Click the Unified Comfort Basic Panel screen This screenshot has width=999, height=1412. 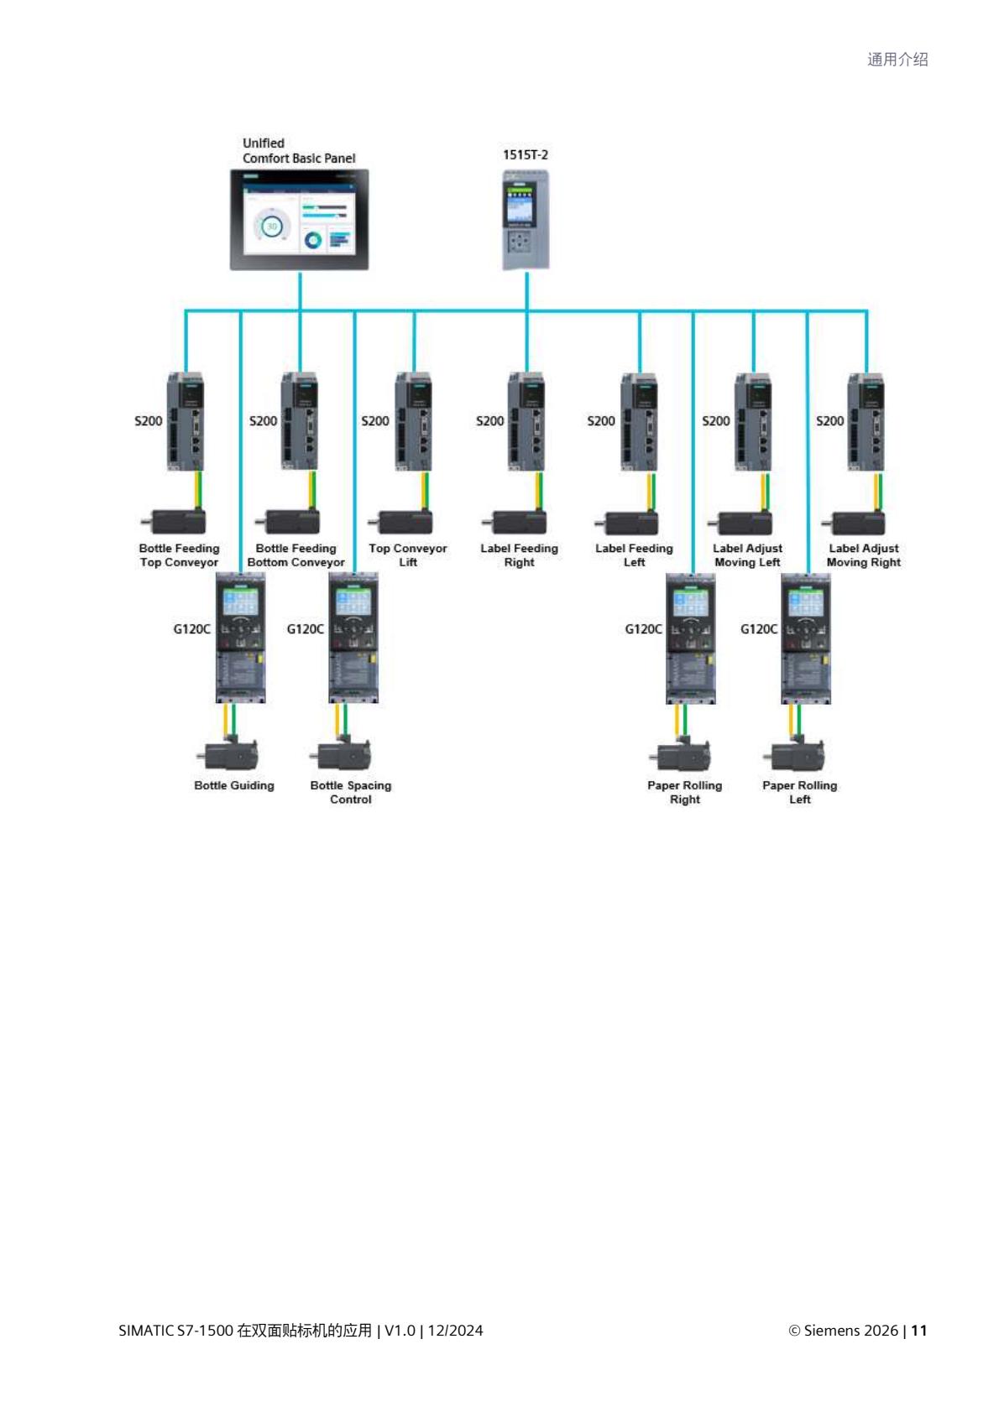coord(300,219)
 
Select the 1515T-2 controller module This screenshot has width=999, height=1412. coord(526,220)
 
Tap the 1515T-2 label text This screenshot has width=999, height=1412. coord(526,155)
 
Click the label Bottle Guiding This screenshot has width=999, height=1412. coord(234,786)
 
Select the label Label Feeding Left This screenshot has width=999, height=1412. coord(634,555)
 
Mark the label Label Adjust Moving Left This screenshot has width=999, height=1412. coord(747,555)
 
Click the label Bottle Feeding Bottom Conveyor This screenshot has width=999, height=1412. coord(296,555)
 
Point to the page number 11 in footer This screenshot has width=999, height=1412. coord(919,1331)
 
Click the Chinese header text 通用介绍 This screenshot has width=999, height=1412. coord(897,60)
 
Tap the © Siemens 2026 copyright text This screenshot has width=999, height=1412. coord(843,1331)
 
